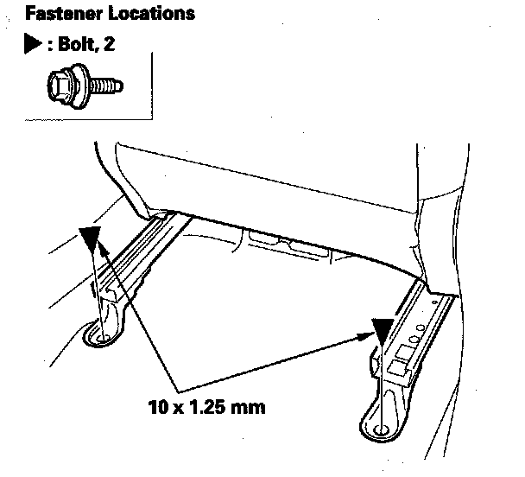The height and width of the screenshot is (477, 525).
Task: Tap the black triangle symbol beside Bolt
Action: (32, 42)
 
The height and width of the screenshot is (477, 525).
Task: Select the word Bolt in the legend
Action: (68, 42)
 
